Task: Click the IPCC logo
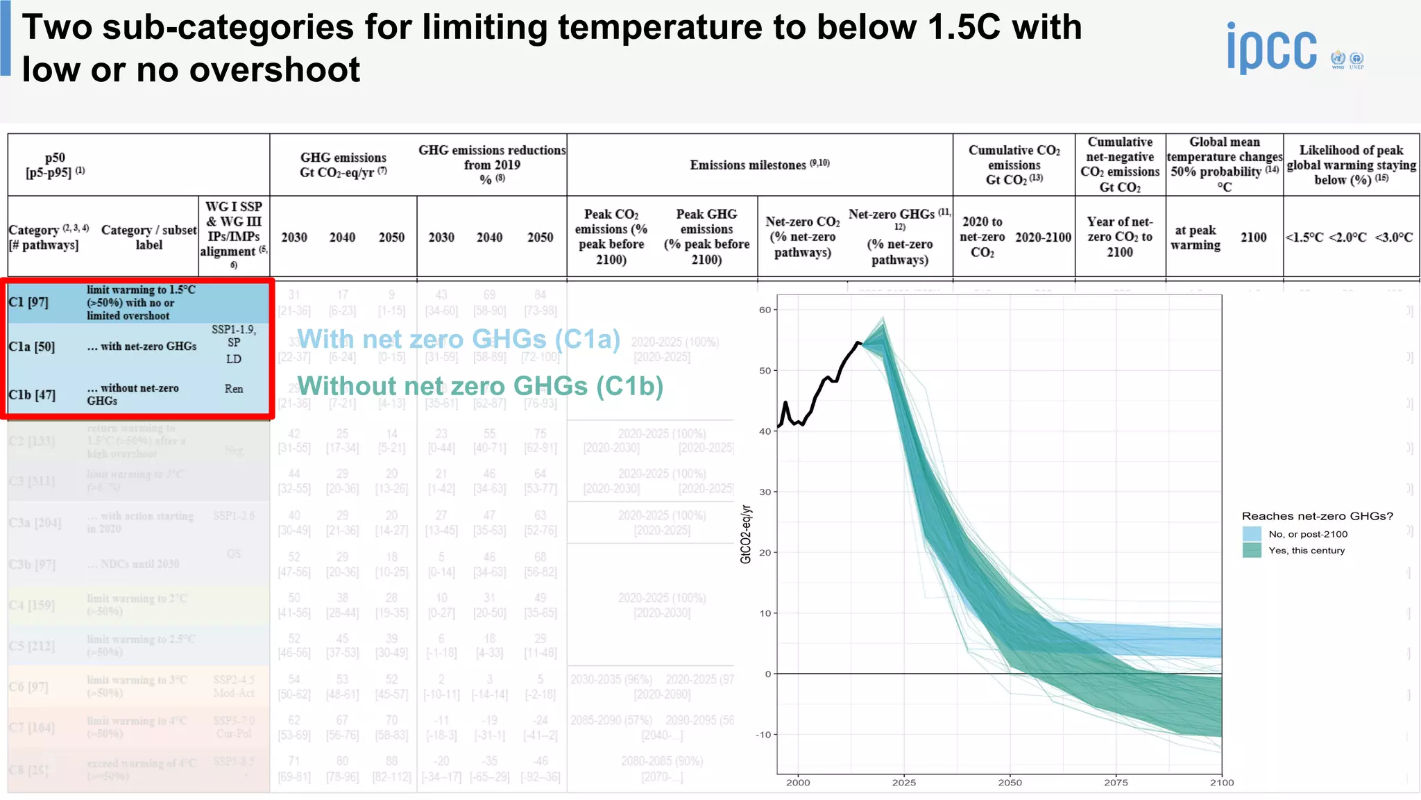[x=1272, y=49]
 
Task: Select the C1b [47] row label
[x=32, y=394]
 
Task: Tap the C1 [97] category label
[x=28, y=302]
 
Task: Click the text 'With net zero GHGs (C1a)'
[x=459, y=339]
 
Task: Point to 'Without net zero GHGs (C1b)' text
[x=480, y=385]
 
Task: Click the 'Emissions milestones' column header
[x=759, y=165]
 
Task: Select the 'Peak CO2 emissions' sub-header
[x=611, y=237]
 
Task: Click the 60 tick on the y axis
[x=765, y=310]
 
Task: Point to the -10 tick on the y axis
[x=763, y=735]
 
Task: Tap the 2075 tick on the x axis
[x=1116, y=783]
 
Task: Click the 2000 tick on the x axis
[x=798, y=783]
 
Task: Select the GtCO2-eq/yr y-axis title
[x=746, y=534]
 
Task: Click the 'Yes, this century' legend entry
[x=1306, y=551]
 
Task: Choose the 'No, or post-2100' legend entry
[x=1307, y=534]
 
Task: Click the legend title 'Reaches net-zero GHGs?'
[x=1317, y=516]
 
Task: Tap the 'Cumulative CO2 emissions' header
[x=1014, y=165]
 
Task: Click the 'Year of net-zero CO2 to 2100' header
[x=1119, y=237]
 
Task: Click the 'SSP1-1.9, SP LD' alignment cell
[x=234, y=344]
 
